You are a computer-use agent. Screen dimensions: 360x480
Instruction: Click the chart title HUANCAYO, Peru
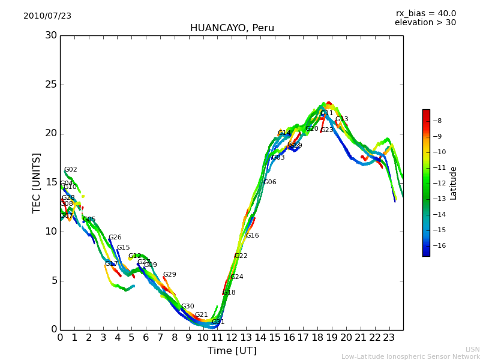pyautogui.click(x=232, y=28)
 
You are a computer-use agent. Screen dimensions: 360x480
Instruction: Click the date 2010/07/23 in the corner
pyautogui.click(x=47, y=16)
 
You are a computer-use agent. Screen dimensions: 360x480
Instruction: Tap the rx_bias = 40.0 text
pyautogui.click(x=425, y=13)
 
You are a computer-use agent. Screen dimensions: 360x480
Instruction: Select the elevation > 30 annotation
pyautogui.click(x=425, y=23)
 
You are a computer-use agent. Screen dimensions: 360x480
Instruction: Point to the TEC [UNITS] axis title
pyautogui.click(x=37, y=182)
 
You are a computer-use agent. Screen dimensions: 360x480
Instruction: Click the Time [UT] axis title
pyautogui.click(x=232, y=351)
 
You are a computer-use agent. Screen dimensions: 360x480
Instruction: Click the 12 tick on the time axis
pyautogui.click(x=232, y=337)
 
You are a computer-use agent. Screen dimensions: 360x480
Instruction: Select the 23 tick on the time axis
pyautogui.click(x=389, y=337)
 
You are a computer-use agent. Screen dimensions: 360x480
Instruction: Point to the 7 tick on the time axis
pyautogui.click(x=160, y=337)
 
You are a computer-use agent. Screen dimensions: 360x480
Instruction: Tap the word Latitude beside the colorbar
pyautogui.click(x=454, y=183)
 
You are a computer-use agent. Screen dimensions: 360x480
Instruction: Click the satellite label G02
pyautogui.click(x=70, y=170)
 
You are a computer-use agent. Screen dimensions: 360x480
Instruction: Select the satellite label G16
pyautogui.click(x=252, y=236)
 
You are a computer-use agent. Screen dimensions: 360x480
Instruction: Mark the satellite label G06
pyautogui.click(x=270, y=182)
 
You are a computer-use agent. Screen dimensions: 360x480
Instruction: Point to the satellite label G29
pyautogui.click(x=169, y=275)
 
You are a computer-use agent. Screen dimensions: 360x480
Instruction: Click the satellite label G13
pyautogui.click(x=341, y=119)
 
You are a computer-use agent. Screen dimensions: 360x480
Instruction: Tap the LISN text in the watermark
pyautogui.click(x=473, y=349)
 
